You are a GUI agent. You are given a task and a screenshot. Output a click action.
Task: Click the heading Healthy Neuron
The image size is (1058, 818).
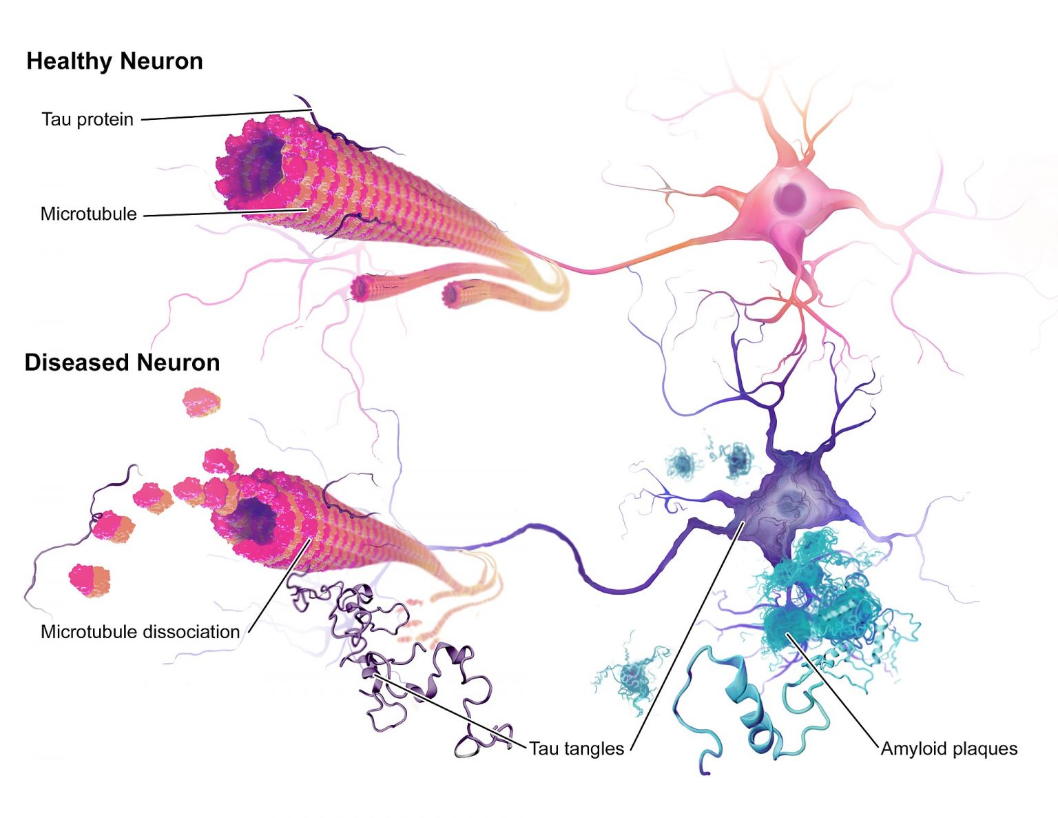click(114, 61)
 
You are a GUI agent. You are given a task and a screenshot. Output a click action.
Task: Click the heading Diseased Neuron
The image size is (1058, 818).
click(122, 362)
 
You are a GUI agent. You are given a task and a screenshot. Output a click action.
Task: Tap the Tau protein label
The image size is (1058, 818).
click(87, 119)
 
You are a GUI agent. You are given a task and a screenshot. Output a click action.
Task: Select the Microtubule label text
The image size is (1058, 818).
click(89, 214)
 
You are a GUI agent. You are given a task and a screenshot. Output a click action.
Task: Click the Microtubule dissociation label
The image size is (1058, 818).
click(140, 631)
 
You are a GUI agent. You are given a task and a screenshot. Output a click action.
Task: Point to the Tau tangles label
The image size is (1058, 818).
click(576, 748)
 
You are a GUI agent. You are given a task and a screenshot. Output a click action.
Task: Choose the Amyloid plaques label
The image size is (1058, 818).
click(948, 748)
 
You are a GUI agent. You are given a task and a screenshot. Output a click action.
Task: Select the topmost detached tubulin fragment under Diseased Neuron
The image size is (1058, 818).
click(201, 402)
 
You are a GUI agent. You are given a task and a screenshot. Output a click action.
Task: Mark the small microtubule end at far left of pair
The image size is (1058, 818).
click(361, 288)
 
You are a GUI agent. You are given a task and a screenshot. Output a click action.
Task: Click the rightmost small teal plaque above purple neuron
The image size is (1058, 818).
click(737, 460)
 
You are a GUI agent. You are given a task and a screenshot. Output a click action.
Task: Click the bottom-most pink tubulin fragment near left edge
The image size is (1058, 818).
click(90, 580)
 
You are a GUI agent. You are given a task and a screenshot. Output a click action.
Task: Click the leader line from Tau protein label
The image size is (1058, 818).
click(220, 115)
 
